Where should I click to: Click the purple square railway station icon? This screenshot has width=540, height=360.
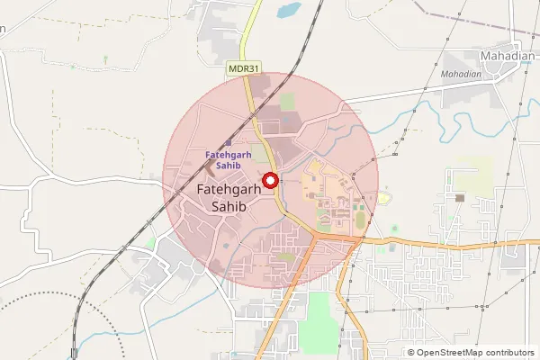(228, 142)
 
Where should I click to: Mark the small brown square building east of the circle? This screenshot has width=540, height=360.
(460, 197)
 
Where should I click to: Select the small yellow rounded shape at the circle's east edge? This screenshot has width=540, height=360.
(383, 198)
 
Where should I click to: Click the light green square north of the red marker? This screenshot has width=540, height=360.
(287, 103)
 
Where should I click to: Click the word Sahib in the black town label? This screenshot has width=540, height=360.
(228, 206)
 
